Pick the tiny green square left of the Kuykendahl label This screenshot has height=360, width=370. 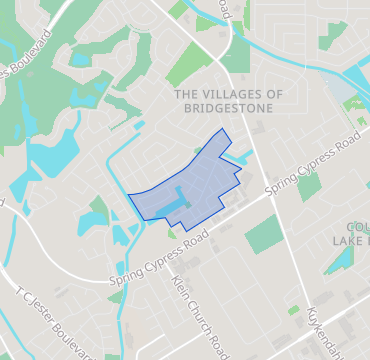coord(293,310)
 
